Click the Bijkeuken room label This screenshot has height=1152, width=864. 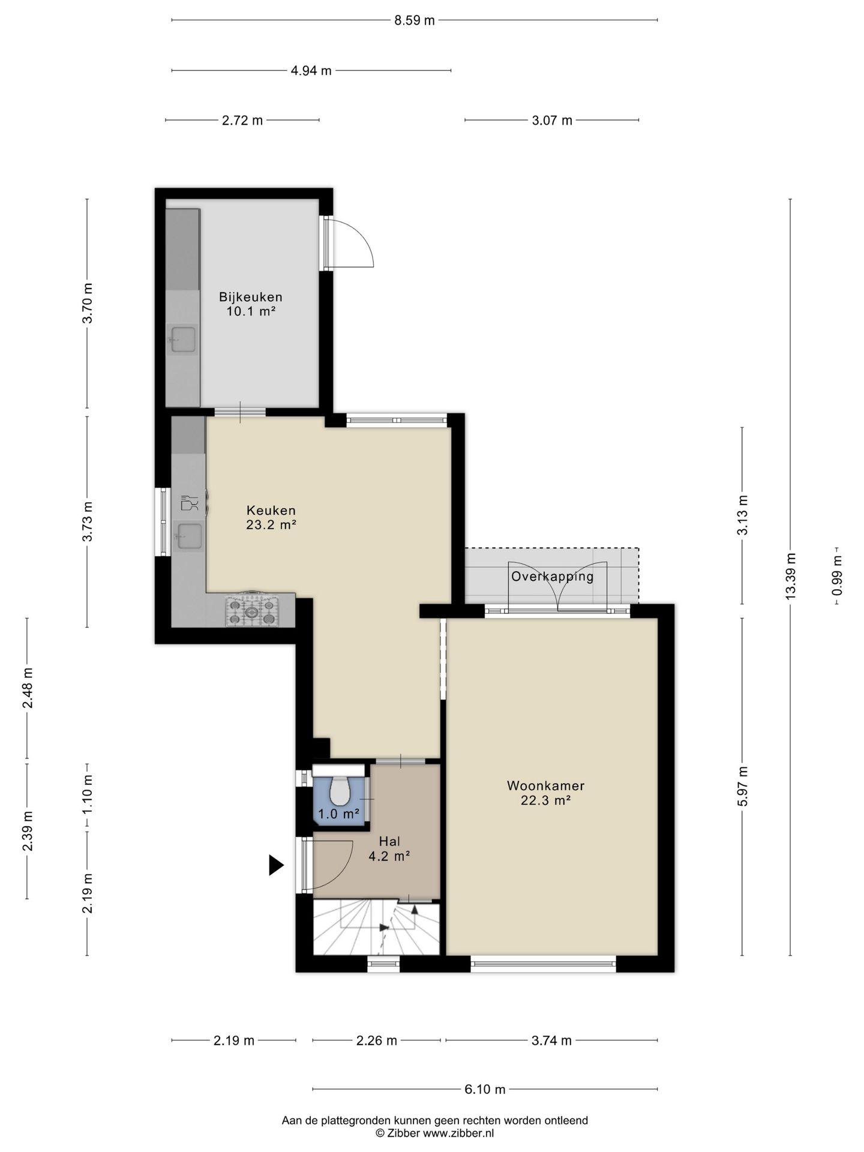(250, 297)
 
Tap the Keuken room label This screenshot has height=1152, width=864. (271, 511)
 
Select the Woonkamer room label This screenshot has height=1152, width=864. (545, 785)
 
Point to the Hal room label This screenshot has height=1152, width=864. (389, 842)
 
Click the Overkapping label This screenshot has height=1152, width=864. (553, 577)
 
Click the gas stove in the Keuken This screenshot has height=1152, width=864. (252, 610)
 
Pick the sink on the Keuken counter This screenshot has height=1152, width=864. (189, 536)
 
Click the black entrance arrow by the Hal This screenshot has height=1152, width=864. (275, 865)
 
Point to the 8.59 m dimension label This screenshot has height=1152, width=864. (415, 20)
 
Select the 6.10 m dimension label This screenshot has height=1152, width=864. (485, 1089)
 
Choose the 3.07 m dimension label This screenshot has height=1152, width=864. (552, 121)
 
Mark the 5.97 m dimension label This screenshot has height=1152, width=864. (743, 787)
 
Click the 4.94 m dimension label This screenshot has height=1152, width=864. (311, 71)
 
